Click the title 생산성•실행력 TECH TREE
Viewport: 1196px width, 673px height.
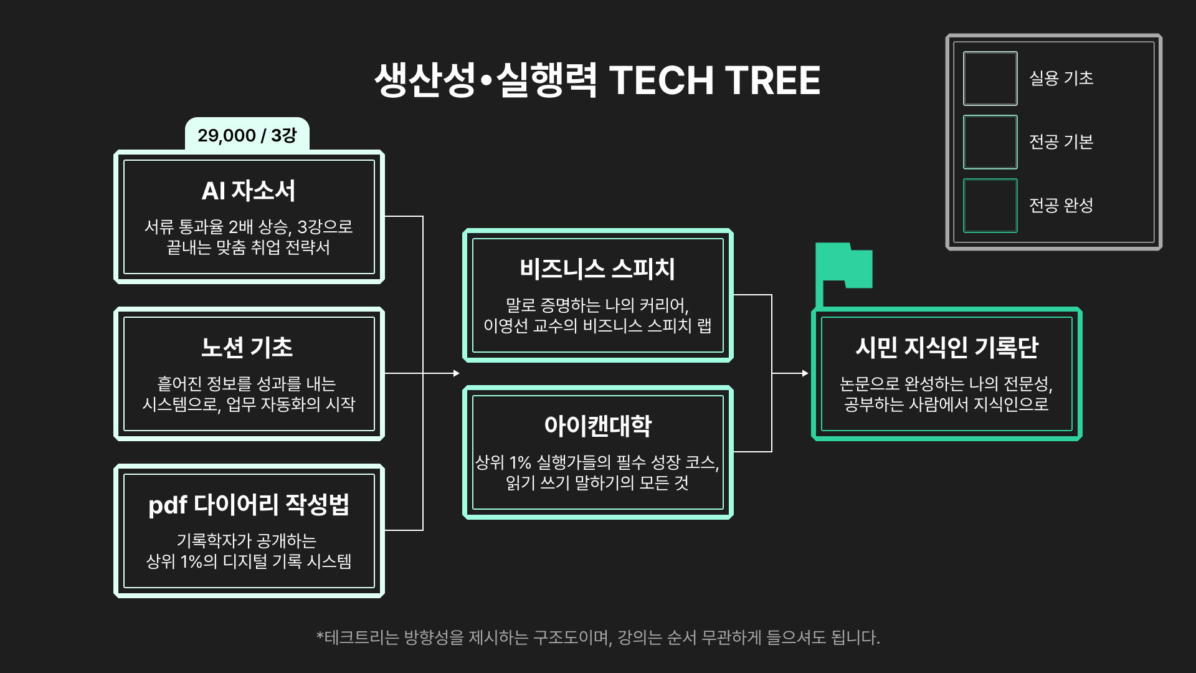point(597,80)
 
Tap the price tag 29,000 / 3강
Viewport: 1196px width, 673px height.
point(247,135)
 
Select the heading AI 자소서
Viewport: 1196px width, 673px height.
point(249,191)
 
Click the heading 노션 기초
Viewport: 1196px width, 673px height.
point(247,348)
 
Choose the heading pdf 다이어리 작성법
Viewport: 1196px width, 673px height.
point(249,505)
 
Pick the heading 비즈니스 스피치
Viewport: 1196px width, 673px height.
point(597,269)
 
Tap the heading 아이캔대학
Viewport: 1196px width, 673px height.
point(597,426)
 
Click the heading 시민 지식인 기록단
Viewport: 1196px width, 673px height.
point(946,348)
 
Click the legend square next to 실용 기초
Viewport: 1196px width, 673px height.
point(990,79)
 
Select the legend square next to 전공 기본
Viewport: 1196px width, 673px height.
point(990,142)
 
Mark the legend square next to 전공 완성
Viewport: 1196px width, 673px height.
point(990,206)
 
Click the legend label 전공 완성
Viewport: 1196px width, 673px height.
point(1061,206)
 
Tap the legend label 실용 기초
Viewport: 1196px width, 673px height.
point(1061,79)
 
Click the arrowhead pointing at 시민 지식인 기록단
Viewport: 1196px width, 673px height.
point(805,373)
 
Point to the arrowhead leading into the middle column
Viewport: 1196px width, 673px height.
point(456,373)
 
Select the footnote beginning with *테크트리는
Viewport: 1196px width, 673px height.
point(597,637)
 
